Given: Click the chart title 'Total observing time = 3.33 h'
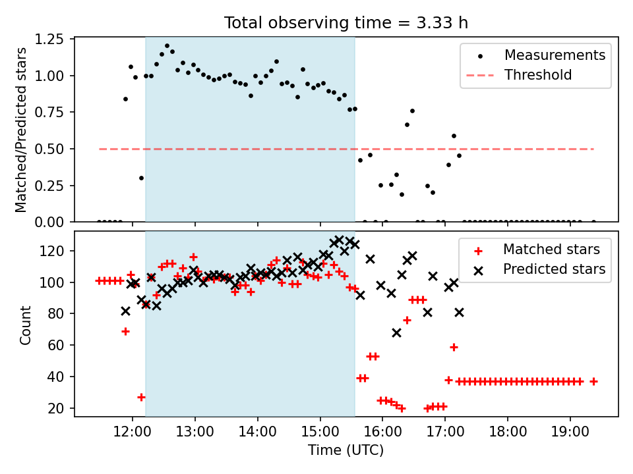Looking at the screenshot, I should click(346, 22).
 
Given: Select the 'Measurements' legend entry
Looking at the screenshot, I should click(555, 55).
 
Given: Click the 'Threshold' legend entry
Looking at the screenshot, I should click(538, 75).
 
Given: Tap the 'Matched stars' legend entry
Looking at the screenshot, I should click(551, 250).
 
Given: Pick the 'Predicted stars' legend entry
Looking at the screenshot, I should click(555, 269).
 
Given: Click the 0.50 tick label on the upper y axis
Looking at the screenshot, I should click(51, 149).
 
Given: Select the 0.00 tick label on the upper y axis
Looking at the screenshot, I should click(51, 223).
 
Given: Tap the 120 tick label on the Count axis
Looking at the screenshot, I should click(55, 251).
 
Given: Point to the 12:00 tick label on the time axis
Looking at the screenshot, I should click(133, 433).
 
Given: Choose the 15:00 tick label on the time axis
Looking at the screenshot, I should click(320, 433).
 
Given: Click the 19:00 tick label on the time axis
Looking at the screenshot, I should click(570, 433).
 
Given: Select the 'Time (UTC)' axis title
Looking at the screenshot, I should click(346, 451).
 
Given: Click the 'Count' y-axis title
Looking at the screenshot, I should click(26, 325).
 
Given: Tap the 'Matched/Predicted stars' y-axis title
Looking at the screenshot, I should click(21, 130).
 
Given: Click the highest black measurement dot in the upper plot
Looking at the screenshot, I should click(167, 46).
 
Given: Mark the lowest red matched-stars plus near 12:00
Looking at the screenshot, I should click(141, 397).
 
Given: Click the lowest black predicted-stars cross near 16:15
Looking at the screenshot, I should click(396, 332).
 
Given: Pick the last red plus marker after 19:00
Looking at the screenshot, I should click(593, 381).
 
